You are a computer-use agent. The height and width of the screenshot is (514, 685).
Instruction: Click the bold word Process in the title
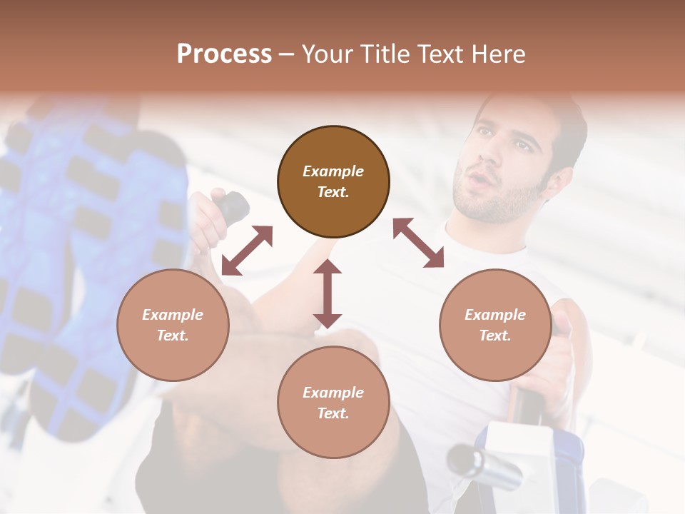[x=224, y=54]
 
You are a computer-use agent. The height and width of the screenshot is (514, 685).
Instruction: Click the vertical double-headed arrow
[x=328, y=293]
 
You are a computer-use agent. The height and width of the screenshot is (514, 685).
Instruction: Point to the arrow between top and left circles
[x=247, y=251]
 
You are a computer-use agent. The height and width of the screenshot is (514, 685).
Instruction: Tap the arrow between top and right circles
[x=418, y=243]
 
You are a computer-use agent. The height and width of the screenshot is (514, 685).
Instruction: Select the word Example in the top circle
[x=333, y=171]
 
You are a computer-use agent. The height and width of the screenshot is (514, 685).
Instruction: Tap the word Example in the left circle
[x=173, y=315]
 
